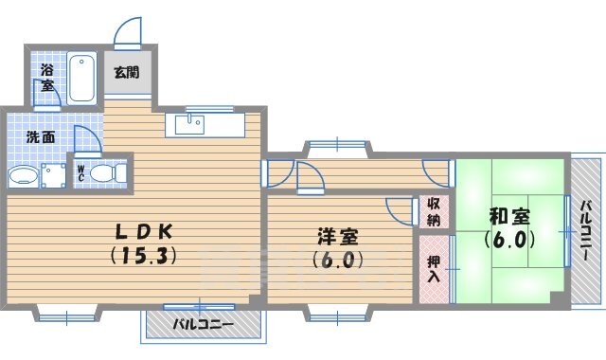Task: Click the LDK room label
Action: coord(145,231)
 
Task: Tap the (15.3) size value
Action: coord(145,255)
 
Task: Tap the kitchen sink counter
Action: coord(205,124)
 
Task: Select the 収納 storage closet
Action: coord(433,211)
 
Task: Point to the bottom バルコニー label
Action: coord(203,325)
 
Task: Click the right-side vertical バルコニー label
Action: coord(586,232)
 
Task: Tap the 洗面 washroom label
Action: coord(40,137)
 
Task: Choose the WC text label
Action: coord(81,174)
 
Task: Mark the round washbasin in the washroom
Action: coord(22,176)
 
